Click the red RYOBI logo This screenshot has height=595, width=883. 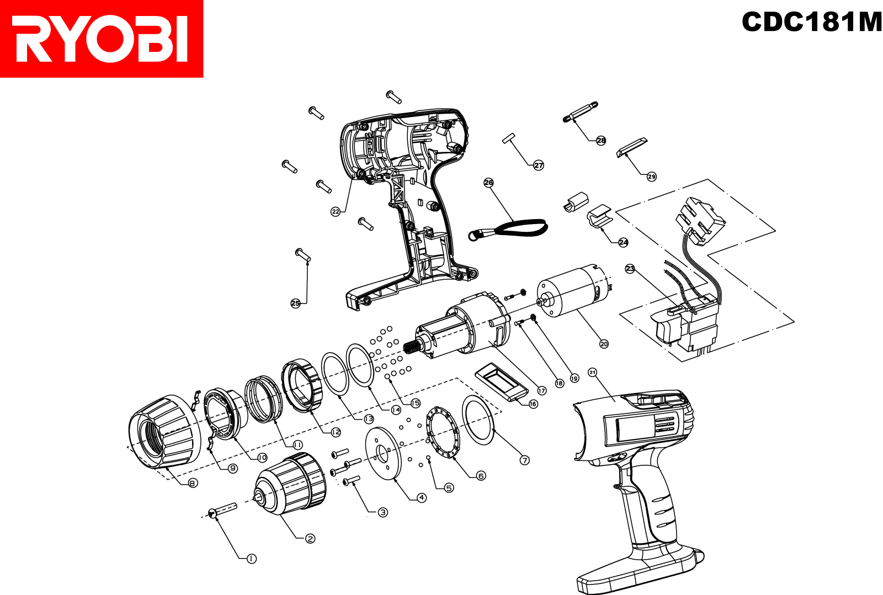[102, 39]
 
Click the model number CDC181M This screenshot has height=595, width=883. [811, 22]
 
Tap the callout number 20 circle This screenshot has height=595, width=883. [604, 344]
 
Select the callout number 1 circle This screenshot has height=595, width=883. [252, 559]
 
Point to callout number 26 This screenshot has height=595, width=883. [488, 183]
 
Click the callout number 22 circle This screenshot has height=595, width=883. [336, 211]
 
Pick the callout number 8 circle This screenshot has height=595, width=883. [193, 483]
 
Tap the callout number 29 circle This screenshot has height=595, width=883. [652, 177]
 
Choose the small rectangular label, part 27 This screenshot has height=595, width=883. [508, 137]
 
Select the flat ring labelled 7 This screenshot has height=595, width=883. [478, 419]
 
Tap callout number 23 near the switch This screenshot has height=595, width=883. [630, 269]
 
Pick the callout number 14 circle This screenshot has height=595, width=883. [396, 410]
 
